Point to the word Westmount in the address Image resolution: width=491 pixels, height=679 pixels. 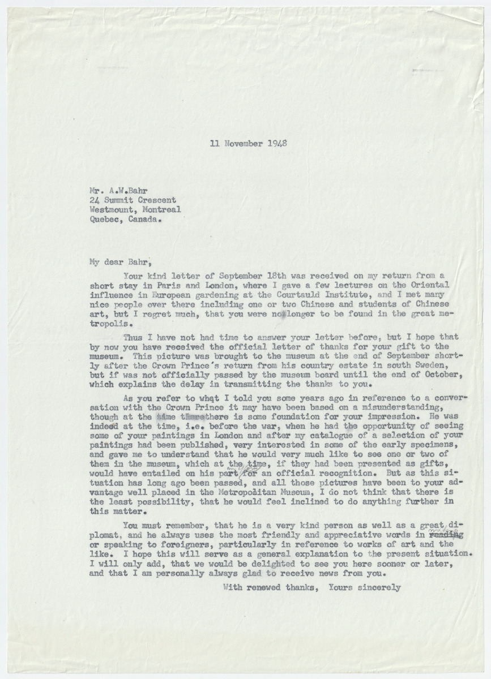(x=109, y=210)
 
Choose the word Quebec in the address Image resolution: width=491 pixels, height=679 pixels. (x=102, y=220)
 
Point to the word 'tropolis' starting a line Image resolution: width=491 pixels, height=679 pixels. (x=108, y=325)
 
